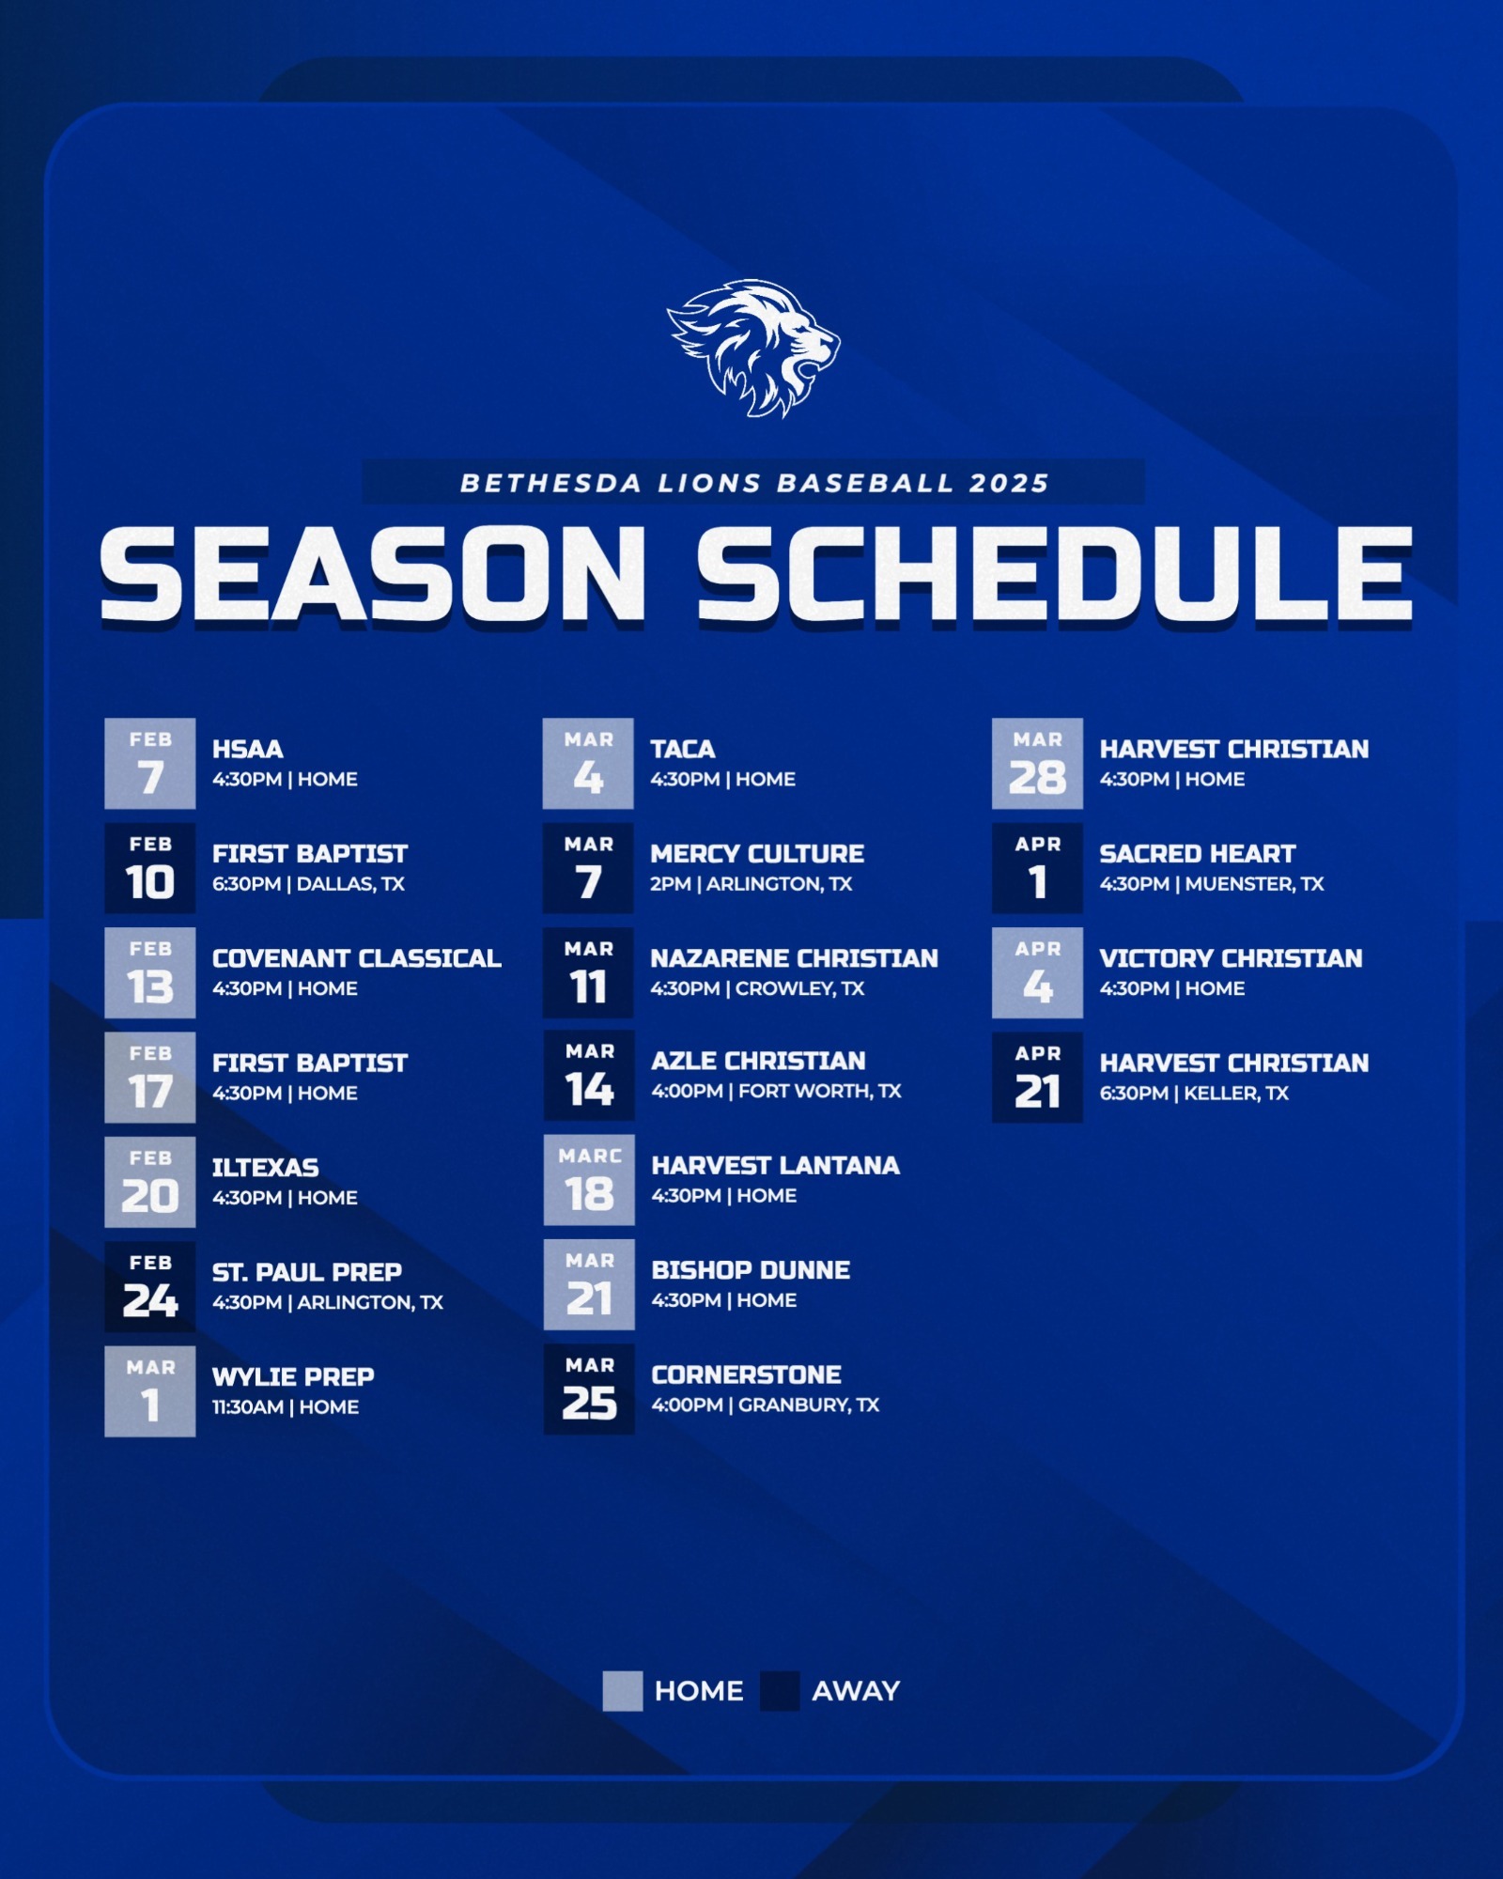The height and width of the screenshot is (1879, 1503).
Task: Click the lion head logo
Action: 753,348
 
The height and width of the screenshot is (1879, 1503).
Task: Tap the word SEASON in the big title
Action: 373,574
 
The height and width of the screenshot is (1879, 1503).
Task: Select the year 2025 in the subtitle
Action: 1009,483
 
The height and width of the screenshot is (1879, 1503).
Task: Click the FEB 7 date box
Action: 150,763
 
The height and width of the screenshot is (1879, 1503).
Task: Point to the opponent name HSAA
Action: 247,749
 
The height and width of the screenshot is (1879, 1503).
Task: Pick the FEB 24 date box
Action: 150,1286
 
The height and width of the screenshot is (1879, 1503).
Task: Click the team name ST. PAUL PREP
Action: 306,1272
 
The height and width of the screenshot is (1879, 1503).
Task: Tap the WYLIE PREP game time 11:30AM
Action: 247,1406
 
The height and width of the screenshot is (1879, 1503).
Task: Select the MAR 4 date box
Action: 588,763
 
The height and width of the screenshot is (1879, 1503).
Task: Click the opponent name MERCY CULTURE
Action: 757,853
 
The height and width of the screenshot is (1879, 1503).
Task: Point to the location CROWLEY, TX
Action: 799,988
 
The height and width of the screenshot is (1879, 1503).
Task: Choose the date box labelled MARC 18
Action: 589,1180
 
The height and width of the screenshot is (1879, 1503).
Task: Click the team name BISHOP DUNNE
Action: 751,1269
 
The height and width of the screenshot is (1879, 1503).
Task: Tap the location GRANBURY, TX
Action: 809,1405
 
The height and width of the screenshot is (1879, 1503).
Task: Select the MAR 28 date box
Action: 1037,763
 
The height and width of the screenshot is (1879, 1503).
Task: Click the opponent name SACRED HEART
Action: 1197,853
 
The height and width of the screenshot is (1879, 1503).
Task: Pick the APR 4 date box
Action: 1037,972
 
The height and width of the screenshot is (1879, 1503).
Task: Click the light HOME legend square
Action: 622,1690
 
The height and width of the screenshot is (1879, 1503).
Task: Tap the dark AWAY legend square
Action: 780,1690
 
